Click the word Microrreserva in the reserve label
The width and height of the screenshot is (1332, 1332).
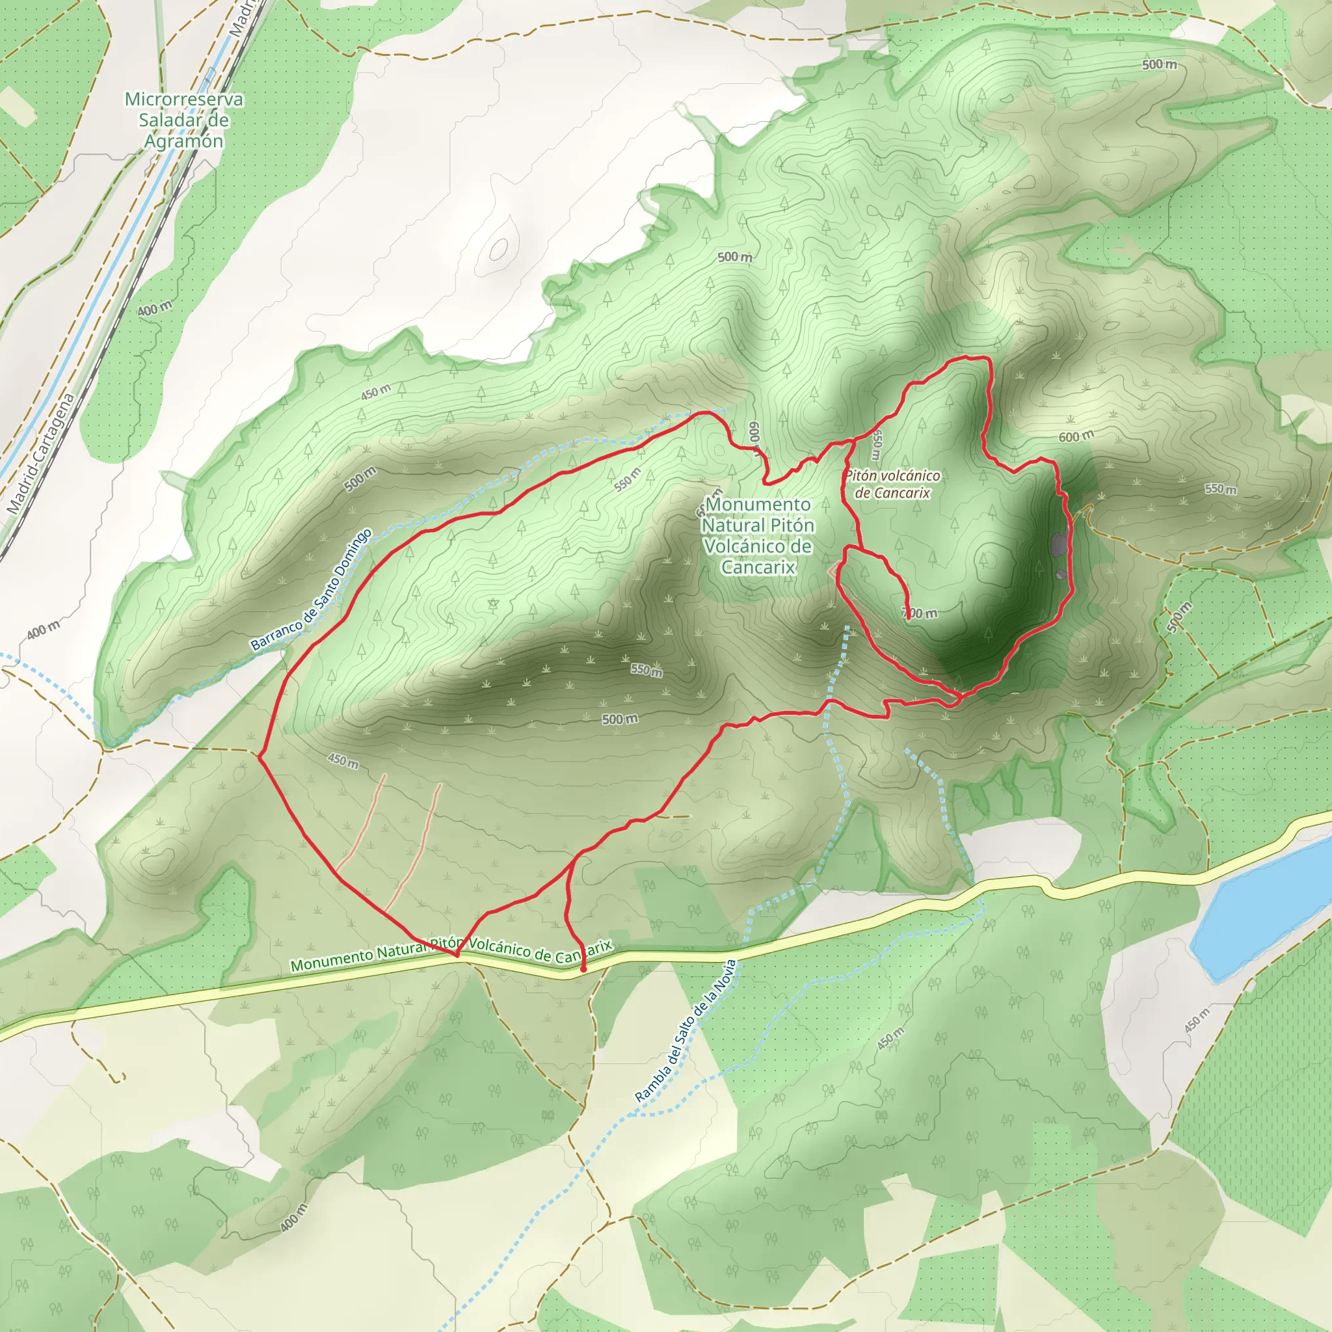183,100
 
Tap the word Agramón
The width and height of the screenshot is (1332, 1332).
183,141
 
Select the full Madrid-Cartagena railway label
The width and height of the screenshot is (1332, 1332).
42,455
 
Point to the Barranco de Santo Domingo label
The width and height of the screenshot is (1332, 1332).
311,590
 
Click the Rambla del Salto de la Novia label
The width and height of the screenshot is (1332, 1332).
686,1030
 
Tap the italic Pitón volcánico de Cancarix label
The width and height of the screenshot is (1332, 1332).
892,484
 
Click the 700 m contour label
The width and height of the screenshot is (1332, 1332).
921,613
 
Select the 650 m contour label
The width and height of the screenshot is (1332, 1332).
875,446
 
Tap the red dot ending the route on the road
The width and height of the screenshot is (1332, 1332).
583,968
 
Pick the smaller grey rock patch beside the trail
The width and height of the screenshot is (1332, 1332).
1061,574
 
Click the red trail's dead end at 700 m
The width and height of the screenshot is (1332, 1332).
908,620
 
